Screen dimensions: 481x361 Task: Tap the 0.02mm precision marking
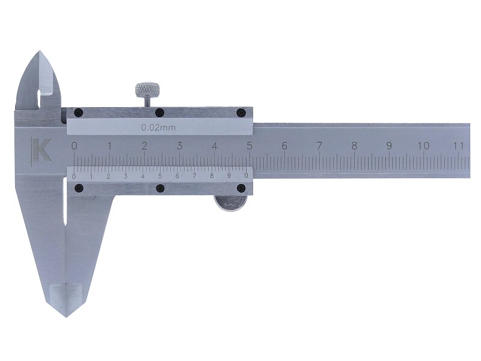(158, 128)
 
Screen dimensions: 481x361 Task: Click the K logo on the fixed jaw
(41, 149)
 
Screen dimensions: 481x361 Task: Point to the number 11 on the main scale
(459, 146)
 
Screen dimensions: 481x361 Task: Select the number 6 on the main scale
(284, 146)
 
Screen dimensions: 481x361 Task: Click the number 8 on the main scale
(354, 146)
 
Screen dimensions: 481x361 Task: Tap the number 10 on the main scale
(424, 146)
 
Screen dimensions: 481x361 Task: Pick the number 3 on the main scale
(179, 146)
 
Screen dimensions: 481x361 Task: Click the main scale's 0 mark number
(74, 146)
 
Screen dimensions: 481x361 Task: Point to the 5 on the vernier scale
(160, 176)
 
